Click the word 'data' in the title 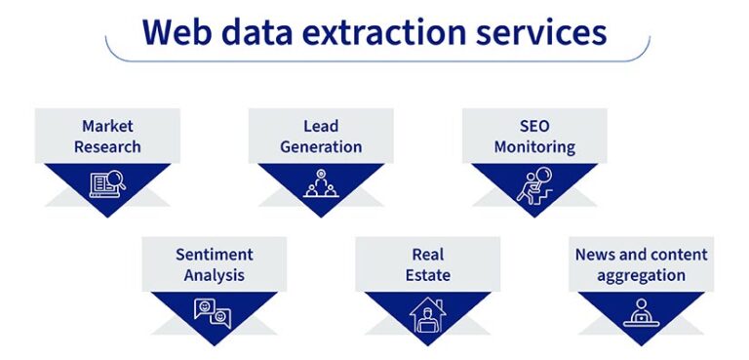(273, 32)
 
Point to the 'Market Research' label (107, 137)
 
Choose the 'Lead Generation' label (321, 137)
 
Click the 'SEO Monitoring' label (534, 137)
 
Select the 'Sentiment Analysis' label (215, 264)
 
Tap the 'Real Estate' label (428, 264)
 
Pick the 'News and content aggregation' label (642, 264)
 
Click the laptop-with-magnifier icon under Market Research (107, 182)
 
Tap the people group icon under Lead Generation (321, 182)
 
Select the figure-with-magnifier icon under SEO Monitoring (534, 183)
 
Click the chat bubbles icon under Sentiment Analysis (214, 312)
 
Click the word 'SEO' (535, 126)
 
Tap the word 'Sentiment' (215, 255)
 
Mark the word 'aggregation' (642, 275)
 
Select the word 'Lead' (321, 126)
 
